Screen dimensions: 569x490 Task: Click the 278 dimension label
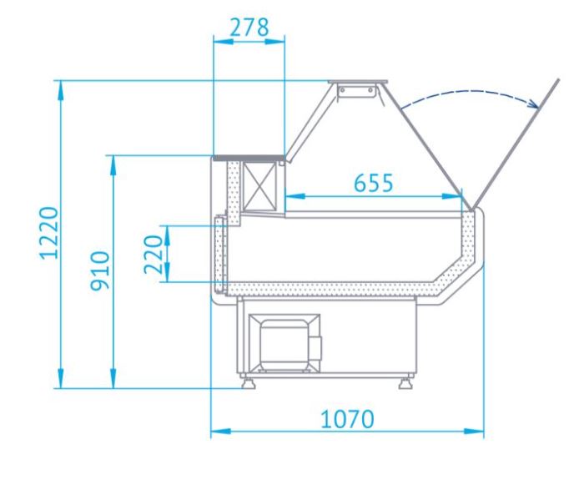(x=249, y=28)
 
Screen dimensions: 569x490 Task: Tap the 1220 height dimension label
(x=49, y=233)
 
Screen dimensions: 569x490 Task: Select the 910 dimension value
(x=100, y=270)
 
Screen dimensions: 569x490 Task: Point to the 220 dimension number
(x=154, y=255)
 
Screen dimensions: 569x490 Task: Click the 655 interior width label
(x=374, y=183)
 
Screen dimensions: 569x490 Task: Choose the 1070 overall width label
(x=347, y=419)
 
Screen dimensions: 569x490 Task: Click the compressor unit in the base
(x=284, y=344)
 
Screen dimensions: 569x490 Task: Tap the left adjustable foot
(x=248, y=382)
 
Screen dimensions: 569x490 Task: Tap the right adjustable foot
(x=405, y=382)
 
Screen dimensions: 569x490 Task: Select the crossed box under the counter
(x=259, y=186)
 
